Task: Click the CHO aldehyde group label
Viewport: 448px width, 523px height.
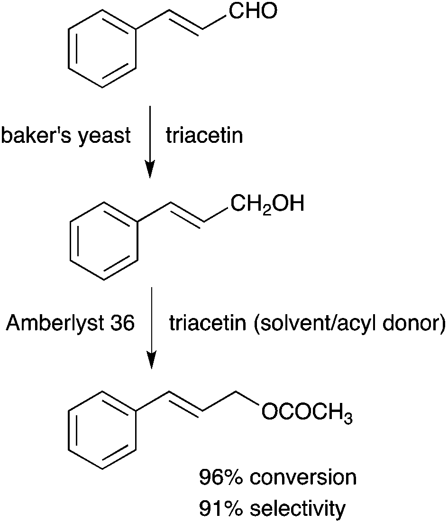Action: click(253, 10)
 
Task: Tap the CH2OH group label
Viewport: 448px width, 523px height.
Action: click(267, 204)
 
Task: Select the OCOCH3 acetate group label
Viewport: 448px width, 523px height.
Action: click(307, 413)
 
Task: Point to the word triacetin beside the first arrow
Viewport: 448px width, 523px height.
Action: click(204, 135)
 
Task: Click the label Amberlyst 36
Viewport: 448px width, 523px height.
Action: click(70, 323)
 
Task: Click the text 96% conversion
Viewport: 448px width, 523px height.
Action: click(278, 477)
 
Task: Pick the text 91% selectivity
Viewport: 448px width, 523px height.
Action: click(272, 508)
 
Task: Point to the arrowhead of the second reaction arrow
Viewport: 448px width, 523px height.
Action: click(152, 360)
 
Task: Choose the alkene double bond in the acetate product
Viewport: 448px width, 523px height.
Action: click(186, 402)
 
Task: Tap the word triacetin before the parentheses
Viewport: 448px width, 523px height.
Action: click(208, 323)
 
